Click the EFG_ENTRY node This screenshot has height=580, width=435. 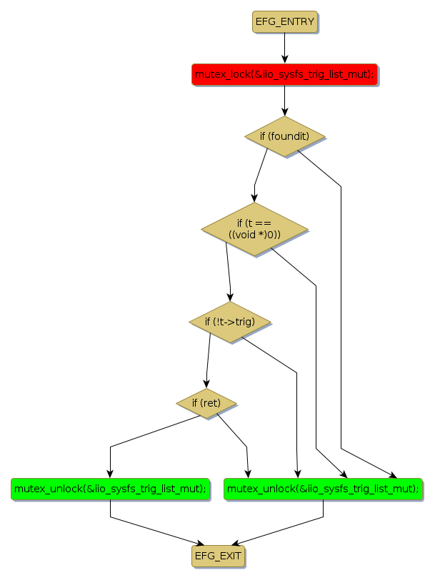(x=284, y=22)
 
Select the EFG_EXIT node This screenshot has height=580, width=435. (x=217, y=556)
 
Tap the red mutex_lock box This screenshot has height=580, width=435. (x=284, y=74)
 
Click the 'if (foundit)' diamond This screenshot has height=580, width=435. (x=284, y=136)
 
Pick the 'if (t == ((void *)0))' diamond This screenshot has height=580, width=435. (x=254, y=229)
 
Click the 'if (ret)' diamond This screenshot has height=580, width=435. (x=206, y=403)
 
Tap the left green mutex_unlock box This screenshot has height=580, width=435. (x=110, y=489)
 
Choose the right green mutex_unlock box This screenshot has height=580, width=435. (x=323, y=489)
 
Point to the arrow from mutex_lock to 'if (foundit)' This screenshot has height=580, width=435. (x=284, y=100)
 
